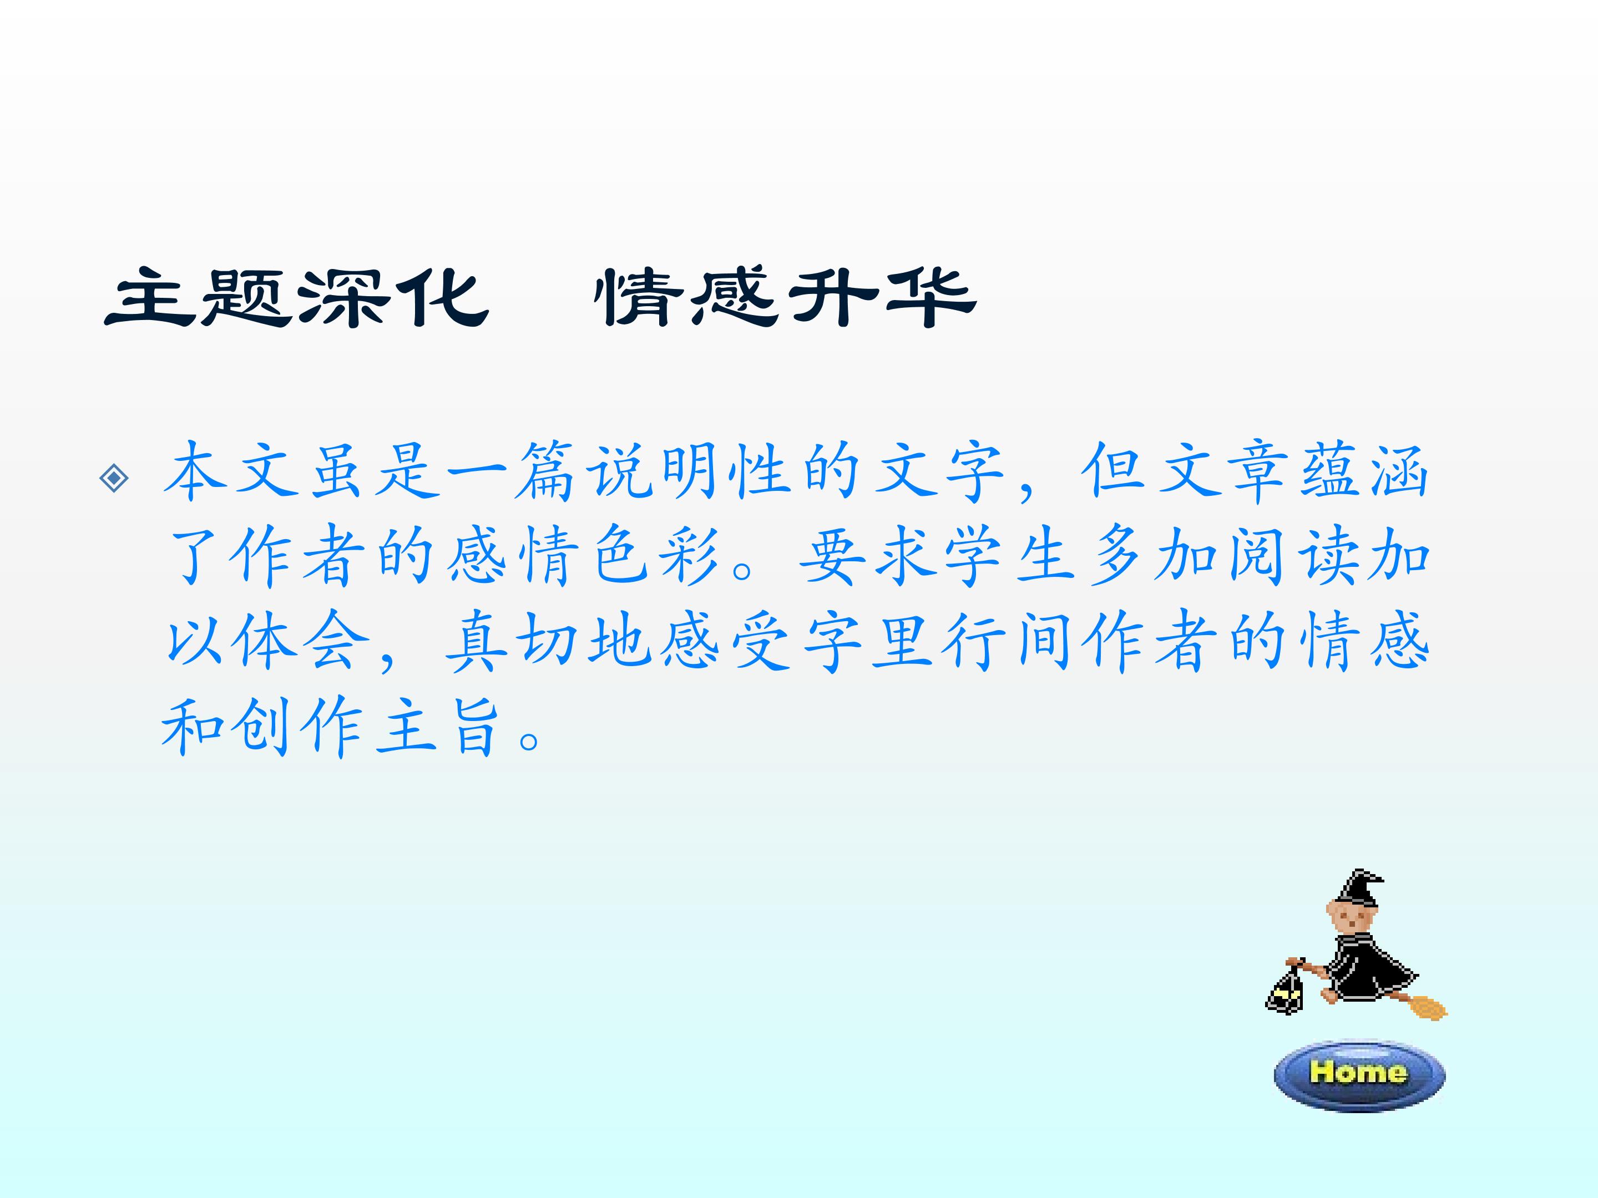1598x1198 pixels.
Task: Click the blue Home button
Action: pyautogui.click(x=1359, y=1074)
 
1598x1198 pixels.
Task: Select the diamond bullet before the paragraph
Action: pyautogui.click(x=115, y=478)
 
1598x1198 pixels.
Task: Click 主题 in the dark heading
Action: pyautogui.click(x=199, y=297)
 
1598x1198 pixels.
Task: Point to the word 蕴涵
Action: pyautogui.click(x=1364, y=471)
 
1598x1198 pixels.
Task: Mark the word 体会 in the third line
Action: pyautogui.click(x=301, y=640)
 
